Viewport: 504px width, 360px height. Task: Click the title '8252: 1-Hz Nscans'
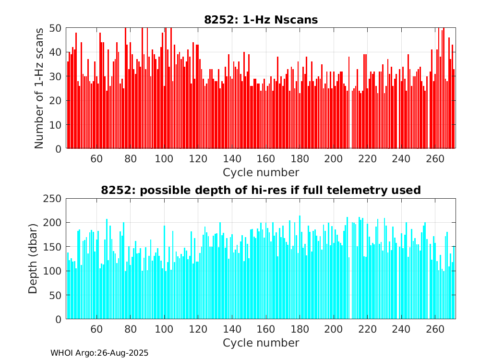pos(261,20)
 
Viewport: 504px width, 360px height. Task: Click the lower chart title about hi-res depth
pos(261,190)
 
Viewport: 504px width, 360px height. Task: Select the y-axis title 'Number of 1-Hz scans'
pos(39,88)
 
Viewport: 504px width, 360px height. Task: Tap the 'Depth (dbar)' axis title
pos(33,259)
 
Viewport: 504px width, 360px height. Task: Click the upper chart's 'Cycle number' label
pos(261,172)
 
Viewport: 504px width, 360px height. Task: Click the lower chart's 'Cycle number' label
pos(261,343)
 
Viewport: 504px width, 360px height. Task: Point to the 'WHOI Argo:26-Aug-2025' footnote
pos(99,353)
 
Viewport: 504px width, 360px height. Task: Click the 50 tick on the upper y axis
pos(55,28)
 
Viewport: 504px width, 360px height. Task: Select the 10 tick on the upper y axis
pos(55,125)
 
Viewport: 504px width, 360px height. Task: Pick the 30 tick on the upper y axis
pos(55,76)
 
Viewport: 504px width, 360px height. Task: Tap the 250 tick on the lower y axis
pos(52,198)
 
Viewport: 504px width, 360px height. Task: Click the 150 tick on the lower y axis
pos(52,247)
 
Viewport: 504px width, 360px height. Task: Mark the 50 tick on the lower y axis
pos(55,295)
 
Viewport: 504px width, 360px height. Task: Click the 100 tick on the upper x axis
pos(164,159)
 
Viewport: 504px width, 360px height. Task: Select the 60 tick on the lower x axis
pos(96,329)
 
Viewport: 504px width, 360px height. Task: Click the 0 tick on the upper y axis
pos(58,149)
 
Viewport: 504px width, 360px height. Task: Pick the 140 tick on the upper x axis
pos(232,159)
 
